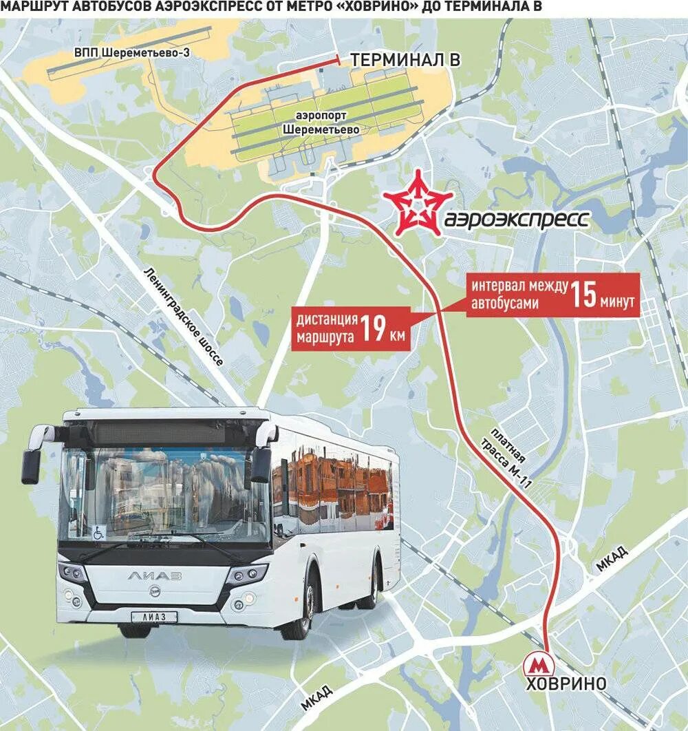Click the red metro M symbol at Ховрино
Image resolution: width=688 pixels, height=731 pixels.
[540, 664]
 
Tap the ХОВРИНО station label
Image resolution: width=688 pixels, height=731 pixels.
[566, 684]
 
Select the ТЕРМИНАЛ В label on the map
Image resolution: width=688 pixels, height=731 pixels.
[405, 60]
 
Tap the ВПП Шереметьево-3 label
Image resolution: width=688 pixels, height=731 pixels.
[131, 52]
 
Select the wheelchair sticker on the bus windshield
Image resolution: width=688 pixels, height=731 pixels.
[99, 531]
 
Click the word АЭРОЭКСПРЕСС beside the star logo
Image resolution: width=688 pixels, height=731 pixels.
[517, 219]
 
